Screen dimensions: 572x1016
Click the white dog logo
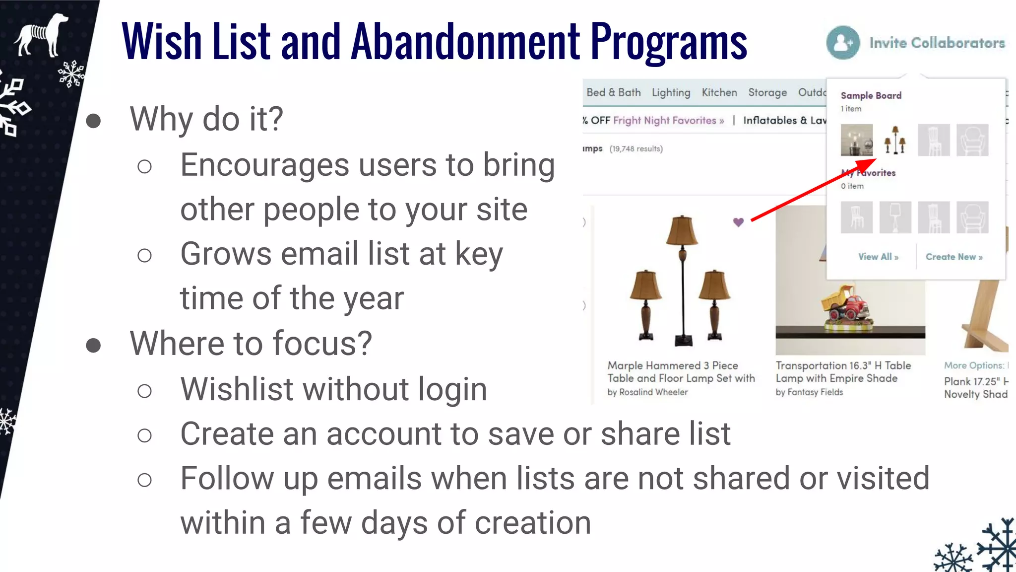[41, 35]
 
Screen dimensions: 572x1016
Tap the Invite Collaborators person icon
[843, 43]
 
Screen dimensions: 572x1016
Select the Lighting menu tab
[671, 93]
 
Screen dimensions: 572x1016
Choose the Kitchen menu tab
[719, 93]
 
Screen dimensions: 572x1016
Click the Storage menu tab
[767, 93]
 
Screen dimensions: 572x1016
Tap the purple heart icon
[738, 222]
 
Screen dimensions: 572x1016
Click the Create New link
[953, 257]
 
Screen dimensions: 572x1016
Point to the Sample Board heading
[871, 95]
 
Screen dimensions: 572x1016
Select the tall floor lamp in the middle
[683, 278]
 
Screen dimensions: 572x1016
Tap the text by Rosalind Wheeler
[647, 392]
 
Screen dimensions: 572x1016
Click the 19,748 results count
[635, 149]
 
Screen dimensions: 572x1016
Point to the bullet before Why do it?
[93, 121]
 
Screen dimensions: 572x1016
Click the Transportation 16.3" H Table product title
[843, 366]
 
